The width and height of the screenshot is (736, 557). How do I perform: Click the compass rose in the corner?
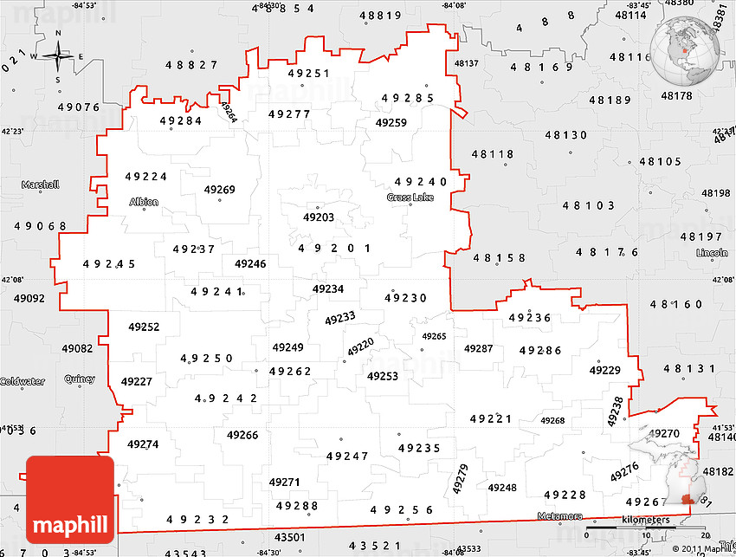58,56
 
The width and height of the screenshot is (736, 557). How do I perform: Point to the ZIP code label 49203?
318,217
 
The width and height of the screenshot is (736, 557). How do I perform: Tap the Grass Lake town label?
410,198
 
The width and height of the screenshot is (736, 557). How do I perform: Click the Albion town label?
144,203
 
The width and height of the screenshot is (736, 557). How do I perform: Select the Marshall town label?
41,185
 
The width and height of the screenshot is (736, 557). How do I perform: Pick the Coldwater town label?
22,382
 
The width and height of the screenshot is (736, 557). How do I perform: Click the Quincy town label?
80,379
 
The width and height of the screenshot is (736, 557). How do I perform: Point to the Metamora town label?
559,516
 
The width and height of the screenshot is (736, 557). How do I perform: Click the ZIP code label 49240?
421,182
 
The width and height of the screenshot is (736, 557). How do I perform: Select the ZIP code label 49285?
407,98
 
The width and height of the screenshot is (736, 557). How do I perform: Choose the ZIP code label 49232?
197,520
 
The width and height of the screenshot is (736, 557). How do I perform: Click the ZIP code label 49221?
491,419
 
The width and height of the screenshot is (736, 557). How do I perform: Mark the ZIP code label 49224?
146,177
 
